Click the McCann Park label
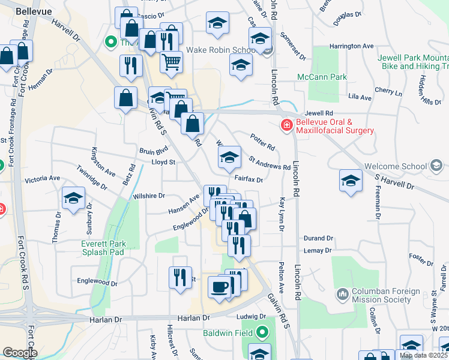pos(322,77)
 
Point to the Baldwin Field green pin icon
pos(262,331)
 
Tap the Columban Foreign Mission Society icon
pos(342,294)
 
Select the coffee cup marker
pos(219,287)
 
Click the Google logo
pos(19,352)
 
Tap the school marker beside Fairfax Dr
pos(229,158)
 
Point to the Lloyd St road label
pos(163,162)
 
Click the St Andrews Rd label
pos(270,163)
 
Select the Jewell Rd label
pos(318,113)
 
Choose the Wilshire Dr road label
pos(150,196)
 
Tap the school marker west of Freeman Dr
pos(351,181)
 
